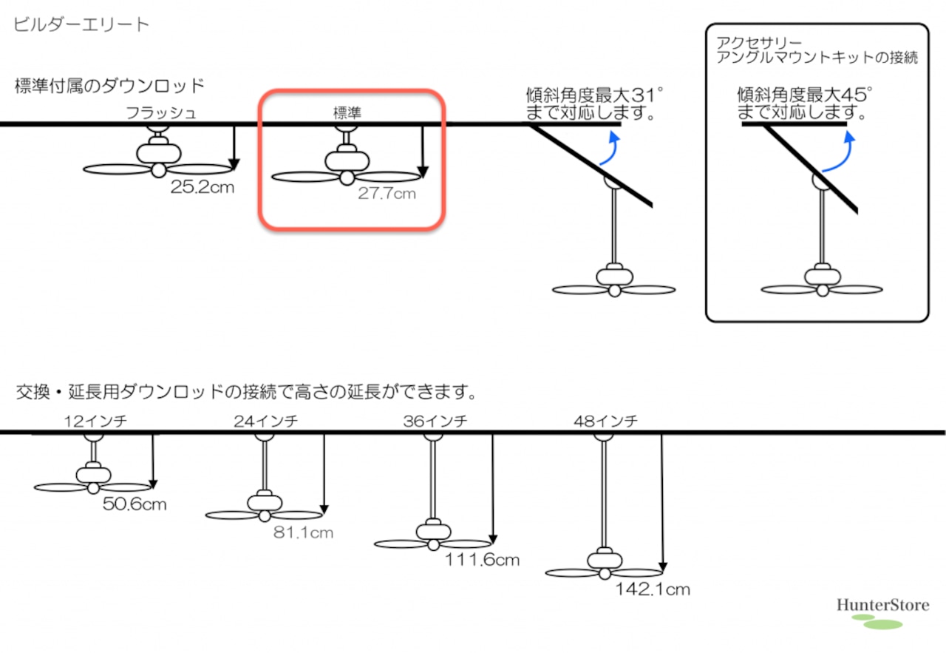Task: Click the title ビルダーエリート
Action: tap(81, 24)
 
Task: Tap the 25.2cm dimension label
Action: tap(203, 187)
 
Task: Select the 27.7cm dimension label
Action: tap(387, 194)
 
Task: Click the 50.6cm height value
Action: tap(135, 504)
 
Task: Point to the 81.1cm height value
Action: tap(303, 532)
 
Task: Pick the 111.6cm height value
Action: tap(483, 560)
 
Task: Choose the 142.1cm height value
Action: tap(653, 589)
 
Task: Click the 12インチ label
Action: tap(95, 421)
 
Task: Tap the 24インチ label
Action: tap(266, 421)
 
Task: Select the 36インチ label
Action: tap(435, 421)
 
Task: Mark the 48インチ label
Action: tap(605, 421)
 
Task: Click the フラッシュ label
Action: tap(161, 113)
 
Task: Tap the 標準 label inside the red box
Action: tap(347, 112)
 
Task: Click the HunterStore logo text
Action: tap(883, 605)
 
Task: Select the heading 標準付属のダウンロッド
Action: tap(109, 86)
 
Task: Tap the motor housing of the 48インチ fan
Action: tap(605, 561)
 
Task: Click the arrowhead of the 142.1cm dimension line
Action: tap(663, 566)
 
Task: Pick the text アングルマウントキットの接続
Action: tap(817, 57)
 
